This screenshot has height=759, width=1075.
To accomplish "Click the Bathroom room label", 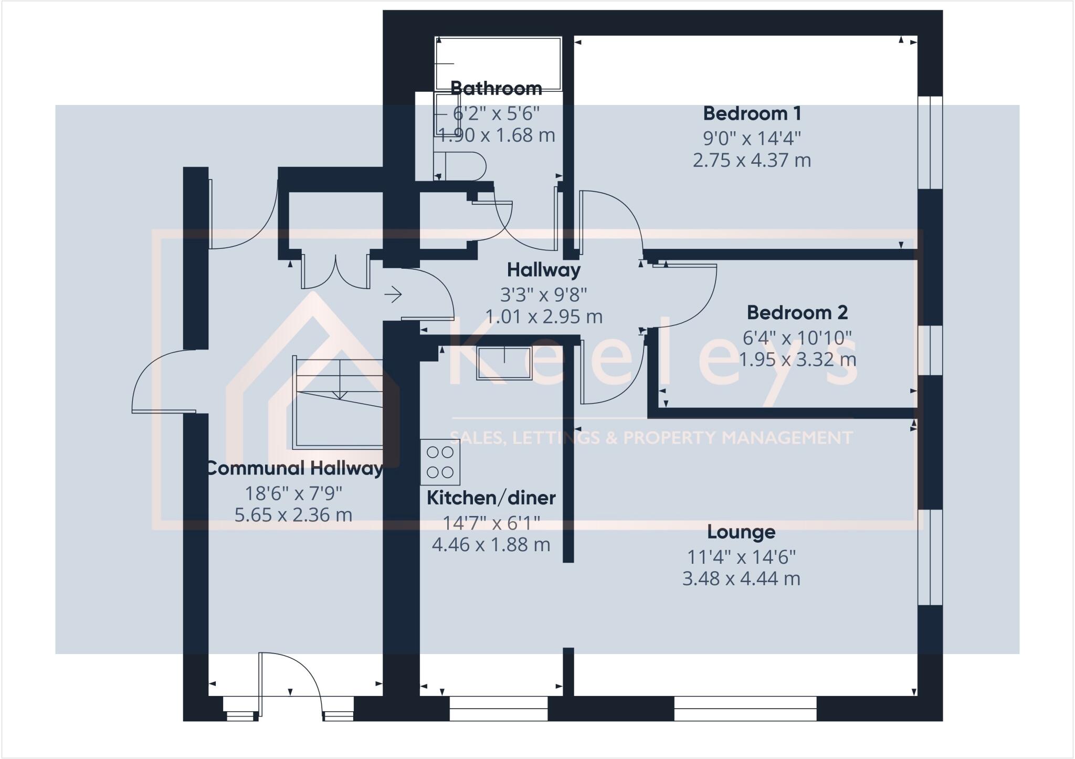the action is pos(496,88).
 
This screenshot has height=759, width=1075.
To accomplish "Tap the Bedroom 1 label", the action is pos(752,113).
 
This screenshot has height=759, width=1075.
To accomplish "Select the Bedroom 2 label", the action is pos(797,313).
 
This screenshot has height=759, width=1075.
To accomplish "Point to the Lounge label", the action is pos(741,532).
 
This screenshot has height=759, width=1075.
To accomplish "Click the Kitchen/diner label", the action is pos(491,498).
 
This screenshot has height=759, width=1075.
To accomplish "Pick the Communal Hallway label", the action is pos(293,468).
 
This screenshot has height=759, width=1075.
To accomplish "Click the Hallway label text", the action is pos(543,270).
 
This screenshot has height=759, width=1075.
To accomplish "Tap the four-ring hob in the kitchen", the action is pos(440,462).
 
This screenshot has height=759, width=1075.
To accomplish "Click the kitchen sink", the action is pos(503,363).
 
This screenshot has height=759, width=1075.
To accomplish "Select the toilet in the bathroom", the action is pos(462,166).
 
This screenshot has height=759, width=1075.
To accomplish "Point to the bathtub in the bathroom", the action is pos(498,64).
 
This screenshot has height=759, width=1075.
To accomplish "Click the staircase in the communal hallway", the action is pos(339,402).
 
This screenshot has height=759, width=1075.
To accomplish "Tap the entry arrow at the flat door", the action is pos(393,294).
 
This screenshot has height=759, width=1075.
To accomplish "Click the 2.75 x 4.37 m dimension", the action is pos(752,160).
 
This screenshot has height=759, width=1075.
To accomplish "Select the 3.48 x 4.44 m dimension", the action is pos(741,579).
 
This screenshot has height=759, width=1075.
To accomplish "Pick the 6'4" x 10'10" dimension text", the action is pos(797,338).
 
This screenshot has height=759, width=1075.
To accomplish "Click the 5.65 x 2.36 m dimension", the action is pos(293,515).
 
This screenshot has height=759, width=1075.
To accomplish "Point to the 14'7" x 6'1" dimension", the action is pos(491,523).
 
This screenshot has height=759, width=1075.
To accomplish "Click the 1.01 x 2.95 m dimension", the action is pos(543,317).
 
